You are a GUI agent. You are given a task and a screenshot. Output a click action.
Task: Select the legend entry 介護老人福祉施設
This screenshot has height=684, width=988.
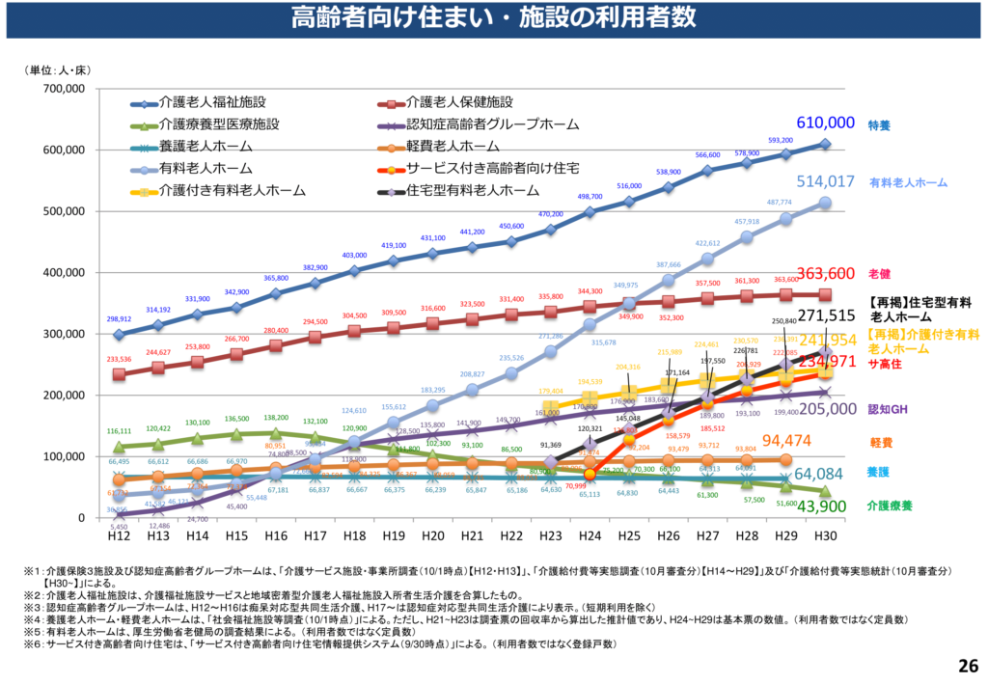pos(212,102)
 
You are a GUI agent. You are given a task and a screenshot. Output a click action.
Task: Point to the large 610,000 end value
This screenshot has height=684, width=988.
pos(825,123)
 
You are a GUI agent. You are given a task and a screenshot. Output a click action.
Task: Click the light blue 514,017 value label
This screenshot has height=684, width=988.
pos(825,180)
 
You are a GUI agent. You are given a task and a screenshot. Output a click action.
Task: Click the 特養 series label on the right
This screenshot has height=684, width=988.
pos(879,125)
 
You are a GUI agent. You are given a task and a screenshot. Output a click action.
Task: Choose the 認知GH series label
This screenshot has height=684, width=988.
pos(890,409)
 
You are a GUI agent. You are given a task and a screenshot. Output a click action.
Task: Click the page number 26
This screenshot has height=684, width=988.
pos(968,665)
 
